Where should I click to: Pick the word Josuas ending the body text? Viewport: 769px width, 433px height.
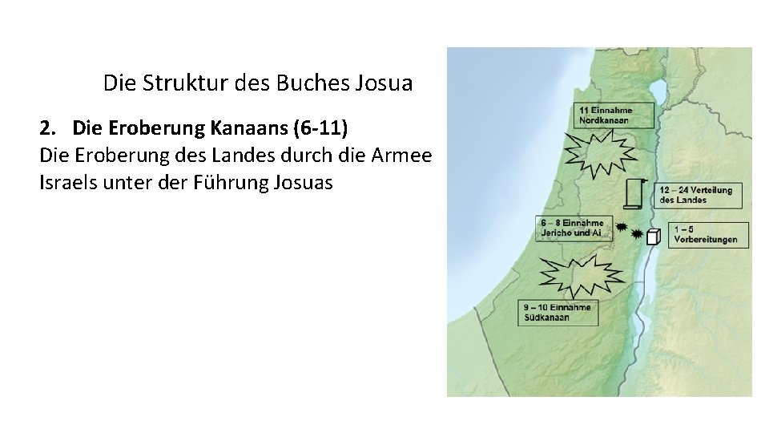tap(306, 183)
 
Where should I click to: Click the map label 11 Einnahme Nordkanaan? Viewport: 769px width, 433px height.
tap(614, 115)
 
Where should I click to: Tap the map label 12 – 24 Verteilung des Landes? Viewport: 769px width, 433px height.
tap(698, 194)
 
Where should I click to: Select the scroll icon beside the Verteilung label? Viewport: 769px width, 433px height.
tap(637, 194)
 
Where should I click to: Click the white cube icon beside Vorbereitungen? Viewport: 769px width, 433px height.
tap(654, 236)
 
